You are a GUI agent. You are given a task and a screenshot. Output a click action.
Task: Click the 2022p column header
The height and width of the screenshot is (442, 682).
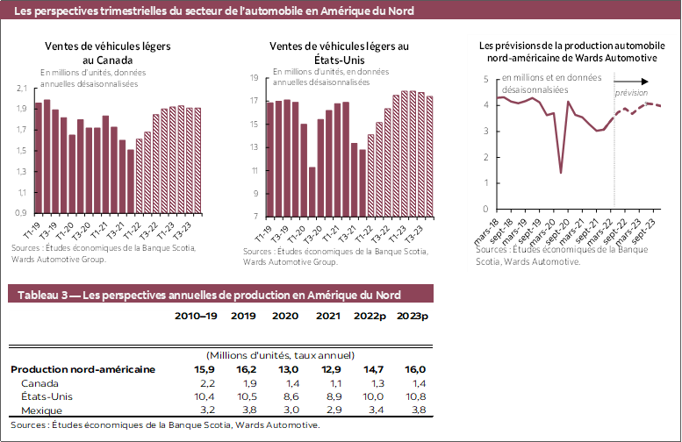click(370, 316)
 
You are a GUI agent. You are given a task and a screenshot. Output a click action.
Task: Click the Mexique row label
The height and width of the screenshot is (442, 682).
click(42, 410)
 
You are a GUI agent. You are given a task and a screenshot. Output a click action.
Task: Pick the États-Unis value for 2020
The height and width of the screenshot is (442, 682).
click(285, 396)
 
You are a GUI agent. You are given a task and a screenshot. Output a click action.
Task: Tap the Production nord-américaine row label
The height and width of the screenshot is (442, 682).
click(83, 369)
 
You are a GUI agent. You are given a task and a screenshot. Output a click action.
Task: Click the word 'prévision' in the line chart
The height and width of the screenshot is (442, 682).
click(631, 92)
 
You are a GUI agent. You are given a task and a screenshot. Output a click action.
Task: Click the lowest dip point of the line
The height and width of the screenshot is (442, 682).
click(561, 173)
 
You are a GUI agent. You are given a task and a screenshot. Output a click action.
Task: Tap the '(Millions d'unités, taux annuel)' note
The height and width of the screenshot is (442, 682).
click(279, 356)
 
